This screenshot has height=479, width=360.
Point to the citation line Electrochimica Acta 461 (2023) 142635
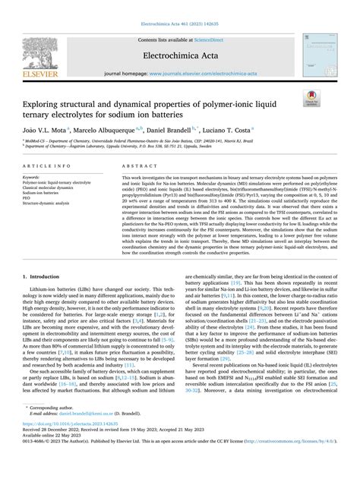(x=179, y=6)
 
